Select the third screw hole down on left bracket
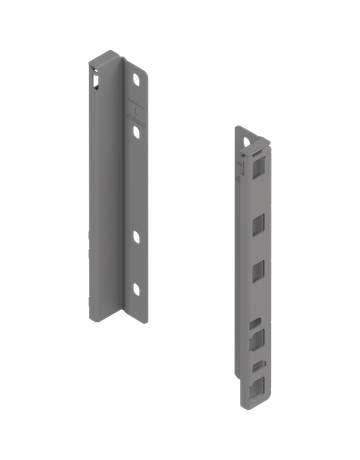coord(133,237)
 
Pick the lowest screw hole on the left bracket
coord(133,289)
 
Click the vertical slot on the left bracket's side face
coord(96,80)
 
